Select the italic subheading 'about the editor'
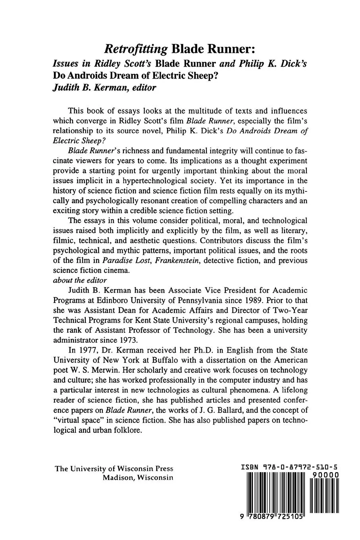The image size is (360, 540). coord(79,280)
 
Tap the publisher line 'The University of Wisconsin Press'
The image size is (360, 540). coord(114,469)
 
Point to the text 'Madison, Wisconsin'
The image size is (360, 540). coord(138,478)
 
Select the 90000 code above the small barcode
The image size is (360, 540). coord(325,475)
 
